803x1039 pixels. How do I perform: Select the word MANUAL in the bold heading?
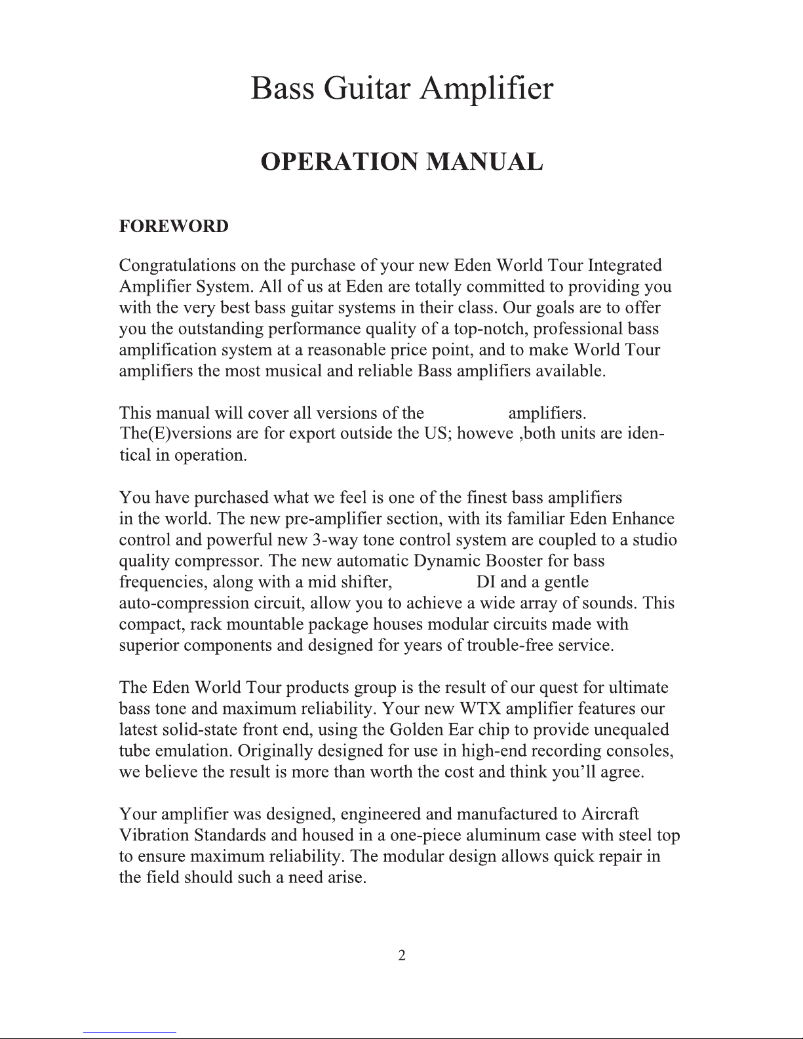[x=484, y=162]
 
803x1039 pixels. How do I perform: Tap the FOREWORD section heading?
[x=174, y=226]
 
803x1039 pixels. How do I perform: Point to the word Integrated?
[x=625, y=265]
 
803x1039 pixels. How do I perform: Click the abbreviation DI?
[x=486, y=582]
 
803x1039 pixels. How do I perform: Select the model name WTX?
[x=481, y=709]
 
